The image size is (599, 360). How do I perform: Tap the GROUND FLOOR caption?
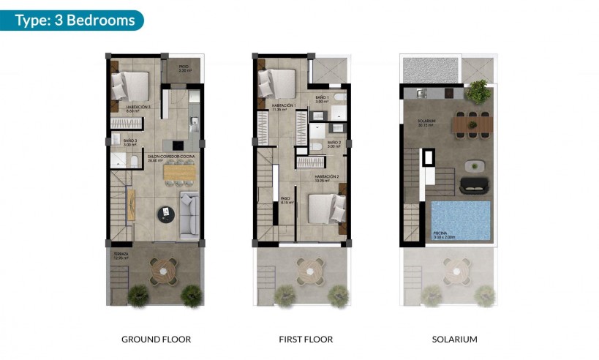(x=156, y=340)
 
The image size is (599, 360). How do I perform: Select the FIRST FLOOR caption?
(x=306, y=340)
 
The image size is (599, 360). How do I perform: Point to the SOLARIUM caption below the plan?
(x=454, y=340)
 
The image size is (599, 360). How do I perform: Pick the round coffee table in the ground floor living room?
(x=166, y=214)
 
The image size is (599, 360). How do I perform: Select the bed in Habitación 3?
(x=132, y=86)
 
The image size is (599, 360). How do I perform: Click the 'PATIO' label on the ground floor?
(x=183, y=68)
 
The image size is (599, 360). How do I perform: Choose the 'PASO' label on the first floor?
(x=285, y=198)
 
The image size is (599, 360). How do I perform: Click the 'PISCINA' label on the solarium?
(x=441, y=234)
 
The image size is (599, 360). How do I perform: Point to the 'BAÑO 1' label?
(x=323, y=97)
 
